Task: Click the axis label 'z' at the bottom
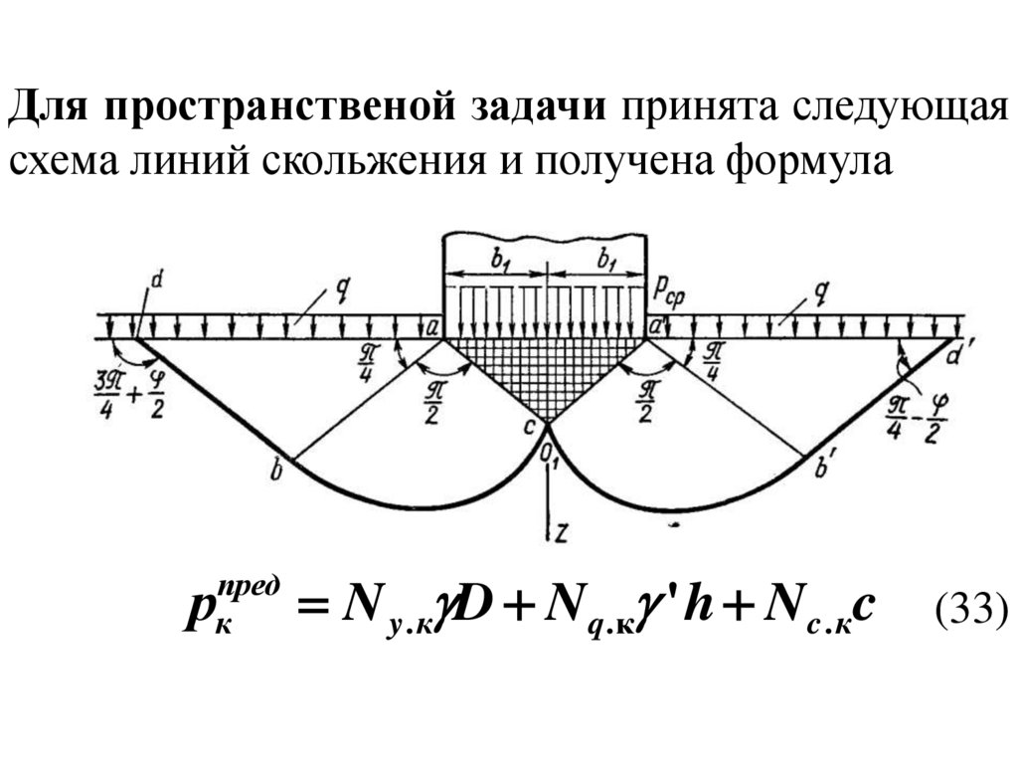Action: click(x=562, y=532)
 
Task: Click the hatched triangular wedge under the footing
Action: click(x=545, y=368)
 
